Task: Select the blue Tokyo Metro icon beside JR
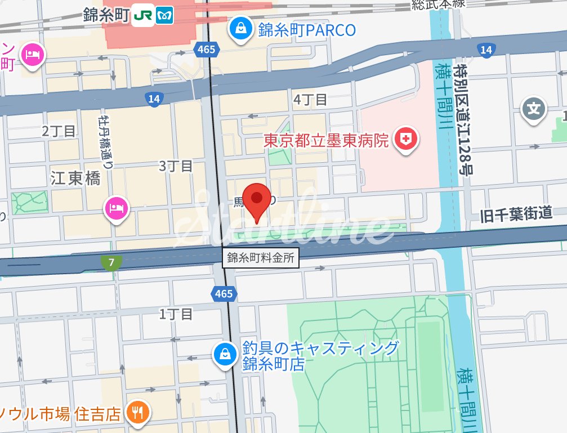pyautogui.click(x=165, y=16)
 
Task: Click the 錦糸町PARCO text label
pyautogui.click(x=307, y=30)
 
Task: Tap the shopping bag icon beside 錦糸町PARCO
pyautogui.click(x=240, y=28)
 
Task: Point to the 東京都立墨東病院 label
pyautogui.click(x=327, y=140)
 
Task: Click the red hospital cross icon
pyautogui.click(x=405, y=139)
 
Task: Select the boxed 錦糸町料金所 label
pyautogui.click(x=260, y=258)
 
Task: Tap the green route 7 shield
pyautogui.click(x=112, y=262)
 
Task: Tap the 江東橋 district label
pyautogui.click(x=75, y=179)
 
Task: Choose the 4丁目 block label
pyautogui.click(x=310, y=100)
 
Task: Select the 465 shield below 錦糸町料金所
pyautogui.click(x=224, y=293)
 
